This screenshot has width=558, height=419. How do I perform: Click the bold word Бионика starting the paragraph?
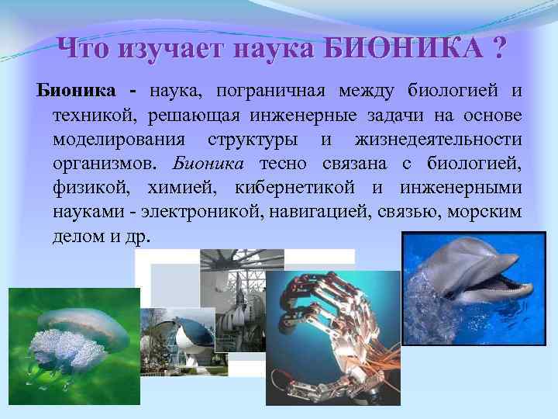point(77,92)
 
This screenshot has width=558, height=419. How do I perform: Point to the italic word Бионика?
point(208,164)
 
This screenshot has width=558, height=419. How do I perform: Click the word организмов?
point(104,164)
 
